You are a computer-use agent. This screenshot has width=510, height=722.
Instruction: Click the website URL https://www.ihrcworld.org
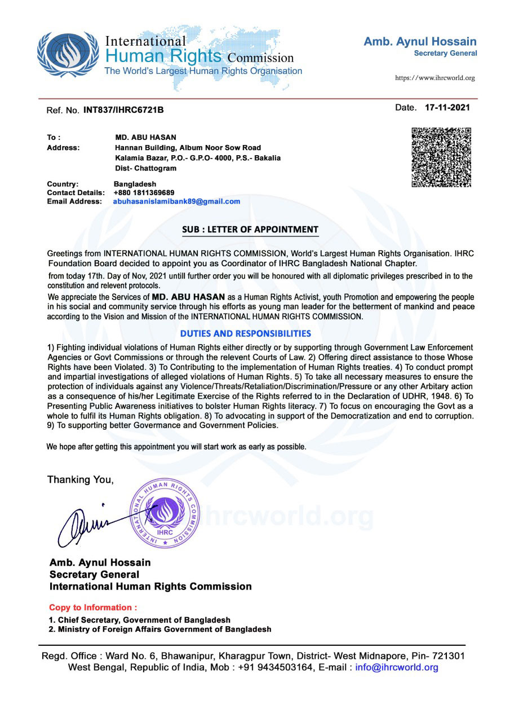pos(434,78)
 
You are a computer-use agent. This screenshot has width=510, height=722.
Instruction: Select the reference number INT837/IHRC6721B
pos(123,109)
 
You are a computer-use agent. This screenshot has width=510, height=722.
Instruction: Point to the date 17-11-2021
pos(447,107)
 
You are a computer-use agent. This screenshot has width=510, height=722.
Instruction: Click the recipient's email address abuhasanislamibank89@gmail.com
pos(177,201)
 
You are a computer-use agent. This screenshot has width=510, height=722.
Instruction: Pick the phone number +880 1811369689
pos(144,193)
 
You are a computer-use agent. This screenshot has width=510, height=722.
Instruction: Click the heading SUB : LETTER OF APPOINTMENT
pos(250,230)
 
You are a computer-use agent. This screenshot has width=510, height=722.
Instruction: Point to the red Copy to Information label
pos(93,607)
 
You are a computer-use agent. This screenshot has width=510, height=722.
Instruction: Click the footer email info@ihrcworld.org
pos(397,667)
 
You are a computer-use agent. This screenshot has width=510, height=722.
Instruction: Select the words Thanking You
pos(81,480)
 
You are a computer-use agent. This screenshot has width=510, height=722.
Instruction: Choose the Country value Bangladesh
pos(135,184)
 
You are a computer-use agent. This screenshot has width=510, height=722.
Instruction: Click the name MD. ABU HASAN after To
pos(145,137)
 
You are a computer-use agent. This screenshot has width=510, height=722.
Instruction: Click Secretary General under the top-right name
pos(445,53)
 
